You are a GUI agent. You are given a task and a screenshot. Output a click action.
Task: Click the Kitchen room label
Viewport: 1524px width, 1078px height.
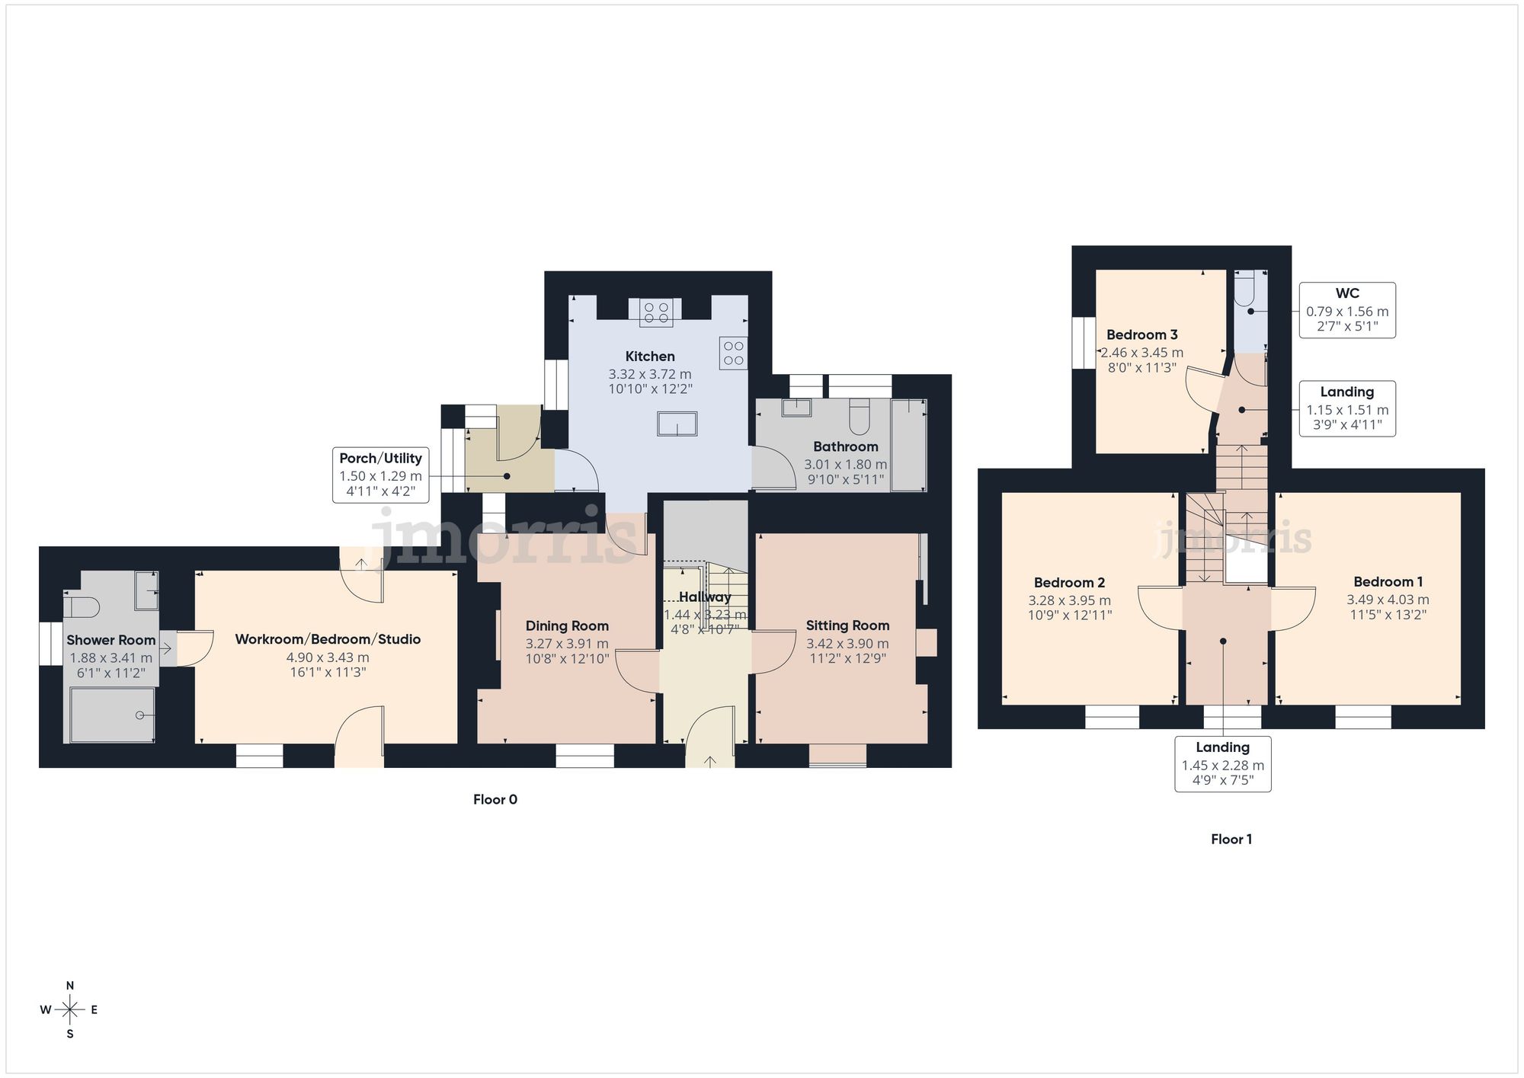[650, 357]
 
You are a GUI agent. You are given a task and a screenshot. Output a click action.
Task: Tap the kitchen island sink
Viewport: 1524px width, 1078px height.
[677, 424]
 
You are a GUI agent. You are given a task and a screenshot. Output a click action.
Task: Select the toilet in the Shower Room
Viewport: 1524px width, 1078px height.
[82, 607]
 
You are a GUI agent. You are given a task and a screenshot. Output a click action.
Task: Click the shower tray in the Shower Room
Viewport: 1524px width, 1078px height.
[112, 715]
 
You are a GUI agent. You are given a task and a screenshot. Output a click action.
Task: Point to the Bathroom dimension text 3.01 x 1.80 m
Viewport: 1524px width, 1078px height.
[845, 465]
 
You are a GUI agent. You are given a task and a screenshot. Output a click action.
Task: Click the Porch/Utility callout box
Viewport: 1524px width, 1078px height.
[380, 475]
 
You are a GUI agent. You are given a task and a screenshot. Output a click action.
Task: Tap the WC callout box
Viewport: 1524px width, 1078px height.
[1346, 310]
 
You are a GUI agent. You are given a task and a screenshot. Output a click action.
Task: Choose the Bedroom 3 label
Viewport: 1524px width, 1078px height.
[1141, 335]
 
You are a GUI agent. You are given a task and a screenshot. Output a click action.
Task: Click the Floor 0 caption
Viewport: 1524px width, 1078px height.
[495, 800]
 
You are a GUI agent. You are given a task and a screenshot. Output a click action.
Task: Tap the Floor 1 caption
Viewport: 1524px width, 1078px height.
[1231, 840]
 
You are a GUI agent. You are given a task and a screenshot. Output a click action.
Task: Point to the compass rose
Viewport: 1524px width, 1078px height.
[70, 1010]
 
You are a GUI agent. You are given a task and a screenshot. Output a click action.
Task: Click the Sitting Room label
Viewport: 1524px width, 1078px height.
[847, 625]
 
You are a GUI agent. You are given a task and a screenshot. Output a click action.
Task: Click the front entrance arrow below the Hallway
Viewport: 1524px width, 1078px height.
[710, 760]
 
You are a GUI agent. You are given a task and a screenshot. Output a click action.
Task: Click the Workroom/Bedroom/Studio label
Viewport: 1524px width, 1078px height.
[328, 639]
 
